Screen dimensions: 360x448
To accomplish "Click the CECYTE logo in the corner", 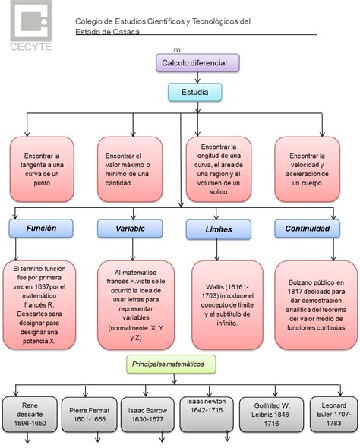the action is click(x=31, y=26).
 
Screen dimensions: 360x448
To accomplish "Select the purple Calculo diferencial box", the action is click(x=197, y=63).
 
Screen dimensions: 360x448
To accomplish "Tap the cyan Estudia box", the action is click(x=195, y=92).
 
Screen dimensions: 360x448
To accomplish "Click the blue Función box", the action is click(x=41, y=229).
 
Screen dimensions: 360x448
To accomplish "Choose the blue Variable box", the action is click(x=130, y=229).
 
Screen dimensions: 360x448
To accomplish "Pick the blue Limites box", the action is click(x=219, y=229).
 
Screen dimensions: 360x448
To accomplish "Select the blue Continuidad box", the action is click(x=307, y=229).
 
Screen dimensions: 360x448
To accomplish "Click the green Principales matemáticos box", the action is click(x=171, y=364).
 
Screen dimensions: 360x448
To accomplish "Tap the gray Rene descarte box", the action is click(x=30, y=414).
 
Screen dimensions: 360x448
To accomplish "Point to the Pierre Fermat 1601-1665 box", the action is click(x=90, y=415).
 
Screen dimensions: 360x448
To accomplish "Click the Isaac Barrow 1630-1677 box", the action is click(x=147, y=415).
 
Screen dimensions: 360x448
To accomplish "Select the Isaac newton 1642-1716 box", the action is click(x=207, y=414).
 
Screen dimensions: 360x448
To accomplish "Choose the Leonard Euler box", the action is click(x=333, y=415).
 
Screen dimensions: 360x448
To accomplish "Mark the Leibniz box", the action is click(x=271, y=415).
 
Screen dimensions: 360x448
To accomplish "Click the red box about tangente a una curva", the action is click(x=42, y=169).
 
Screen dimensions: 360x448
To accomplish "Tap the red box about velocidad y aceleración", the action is click(x=307, y=169).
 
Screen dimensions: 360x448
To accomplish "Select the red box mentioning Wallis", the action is click(x=227, y=304).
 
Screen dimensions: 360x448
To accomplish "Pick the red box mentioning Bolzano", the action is click(x=316, y=304).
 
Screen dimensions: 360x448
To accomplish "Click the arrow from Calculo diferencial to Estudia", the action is click(x=197, y=77).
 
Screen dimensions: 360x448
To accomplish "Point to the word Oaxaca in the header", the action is click(x=126, y=32).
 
